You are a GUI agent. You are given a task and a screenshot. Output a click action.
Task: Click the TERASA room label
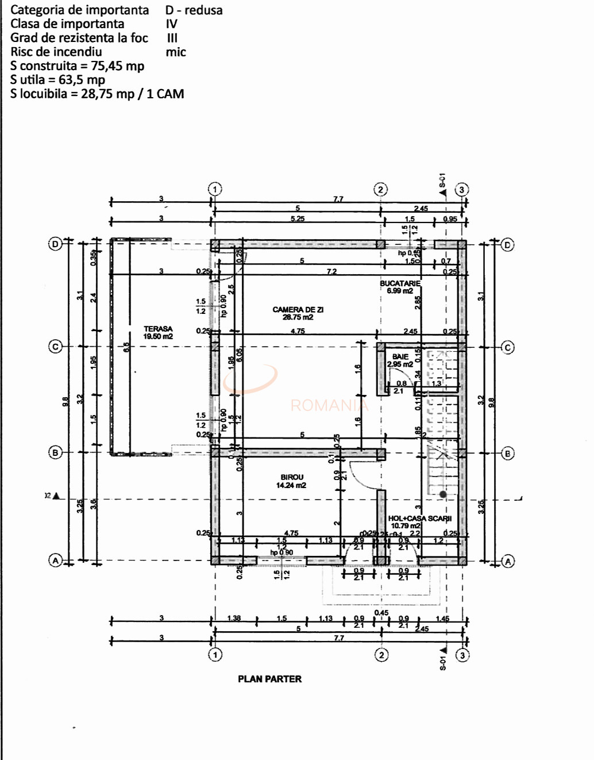point(158,329)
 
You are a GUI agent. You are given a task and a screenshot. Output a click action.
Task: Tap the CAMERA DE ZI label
point(298,309)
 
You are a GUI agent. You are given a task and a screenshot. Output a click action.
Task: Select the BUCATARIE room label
point(400,283)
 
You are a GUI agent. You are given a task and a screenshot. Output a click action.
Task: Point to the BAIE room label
point(400,356)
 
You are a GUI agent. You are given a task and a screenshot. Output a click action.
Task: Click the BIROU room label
point(292,477)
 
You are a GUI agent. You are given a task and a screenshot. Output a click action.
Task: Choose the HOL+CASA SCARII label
point(419,518)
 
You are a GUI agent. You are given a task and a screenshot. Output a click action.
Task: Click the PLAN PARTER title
point(269,679)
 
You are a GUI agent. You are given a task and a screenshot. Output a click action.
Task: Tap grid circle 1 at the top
point(214,189)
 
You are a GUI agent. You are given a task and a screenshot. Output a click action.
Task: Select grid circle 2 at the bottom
point(381,655)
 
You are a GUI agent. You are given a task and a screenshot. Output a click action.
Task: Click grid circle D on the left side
point(55,244)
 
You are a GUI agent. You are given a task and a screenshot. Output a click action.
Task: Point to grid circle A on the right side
point(508,561)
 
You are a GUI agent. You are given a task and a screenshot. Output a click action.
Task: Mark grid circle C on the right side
point(508,347)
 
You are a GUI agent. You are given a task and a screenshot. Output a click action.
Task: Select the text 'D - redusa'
point(194,10)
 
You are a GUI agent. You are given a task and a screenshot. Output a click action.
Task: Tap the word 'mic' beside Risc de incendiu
point(176,52)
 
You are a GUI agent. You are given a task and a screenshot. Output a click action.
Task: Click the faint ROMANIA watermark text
point(329,405)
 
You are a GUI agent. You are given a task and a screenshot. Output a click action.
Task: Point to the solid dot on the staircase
point(443,494)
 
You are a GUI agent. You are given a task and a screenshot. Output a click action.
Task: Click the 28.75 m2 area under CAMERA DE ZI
point(298,317)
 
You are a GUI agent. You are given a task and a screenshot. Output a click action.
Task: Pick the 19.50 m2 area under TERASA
point(158,337)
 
